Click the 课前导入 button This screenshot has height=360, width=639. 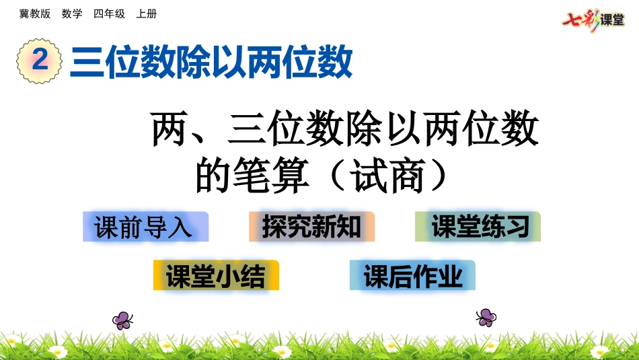pyautogui.click(x=145, y=227)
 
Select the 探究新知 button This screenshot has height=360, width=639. pyautogui.click(x=311, y=227)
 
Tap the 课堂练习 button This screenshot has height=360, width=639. pyautogui.click(x=478, y=227)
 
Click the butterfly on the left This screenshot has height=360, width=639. pyautogui.click(x=122, y=319)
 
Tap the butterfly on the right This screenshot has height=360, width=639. pyautogui.click(x=486, y=316)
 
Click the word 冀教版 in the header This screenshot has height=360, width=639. pyautogui.click(x=35, y=13)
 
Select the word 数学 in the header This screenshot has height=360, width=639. pyautogui.click(x=71, y=13)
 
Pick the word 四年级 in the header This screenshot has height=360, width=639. pyautogui.click(x=109, y=13)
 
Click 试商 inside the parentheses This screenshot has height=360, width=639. pyautogui.click(x=387, y=176)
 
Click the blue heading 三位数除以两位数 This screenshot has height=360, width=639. pyautogui.click(x=211, y=63)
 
